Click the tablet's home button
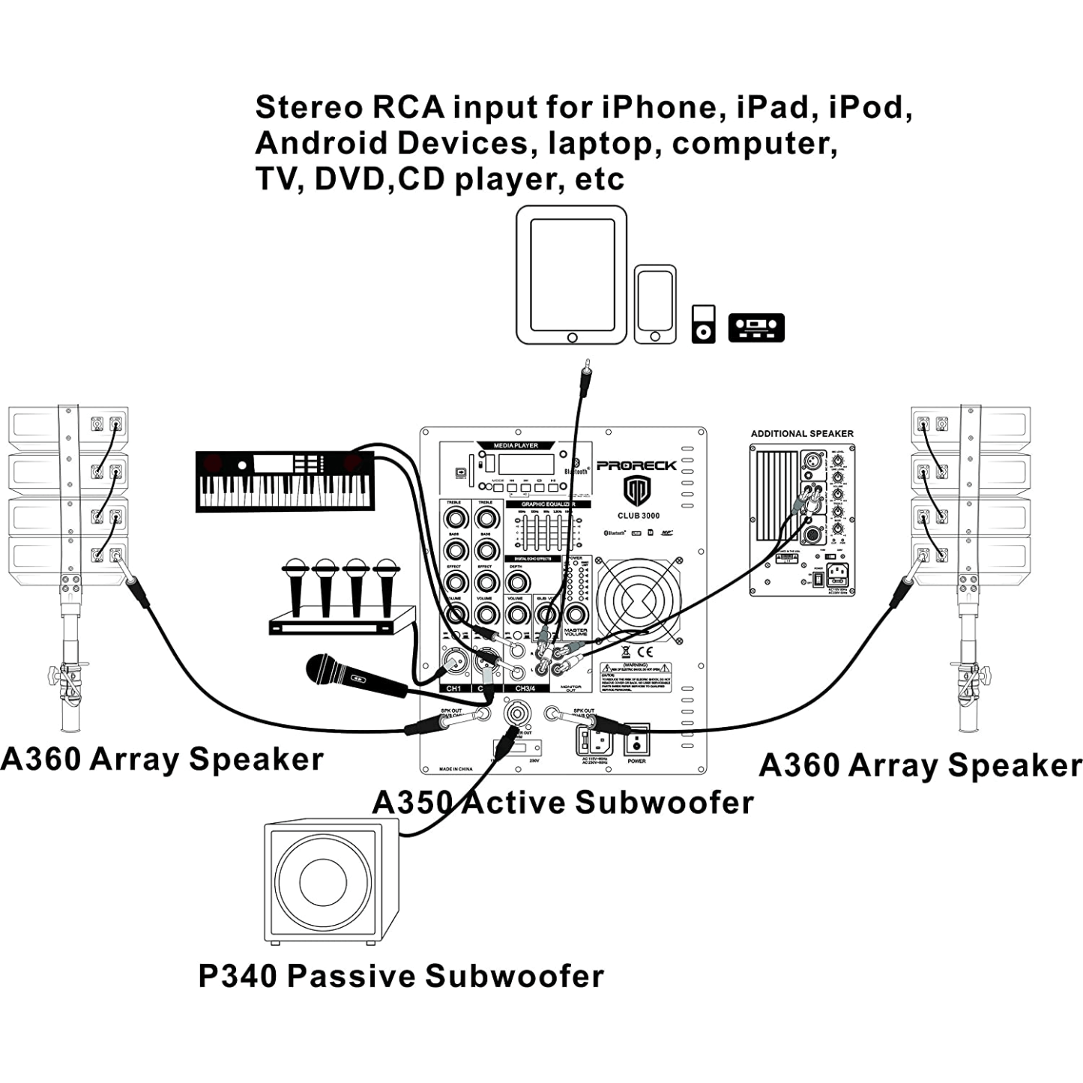coord(572,337)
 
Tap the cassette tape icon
coord(756,328)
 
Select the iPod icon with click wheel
coord(703,324)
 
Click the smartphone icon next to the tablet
coord(655,304)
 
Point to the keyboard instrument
coord(285,481)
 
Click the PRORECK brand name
coord(636,465)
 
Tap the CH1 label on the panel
coord(453,688)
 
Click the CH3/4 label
coord(525,688)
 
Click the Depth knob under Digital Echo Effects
coord(516,582)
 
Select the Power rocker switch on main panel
coord(636,741)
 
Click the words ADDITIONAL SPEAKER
coord(802,433)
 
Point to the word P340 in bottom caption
coord(237,976)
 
